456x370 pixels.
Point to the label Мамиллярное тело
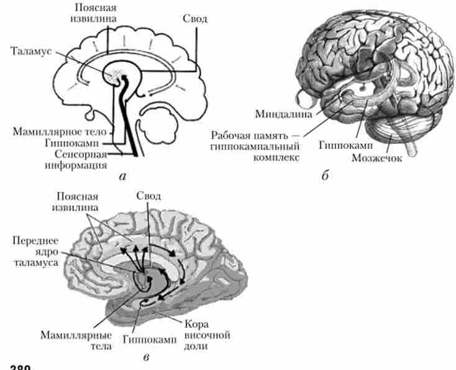click(61, 131)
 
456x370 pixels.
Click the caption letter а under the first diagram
click(122, 176)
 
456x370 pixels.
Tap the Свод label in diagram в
click(148, 197)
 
